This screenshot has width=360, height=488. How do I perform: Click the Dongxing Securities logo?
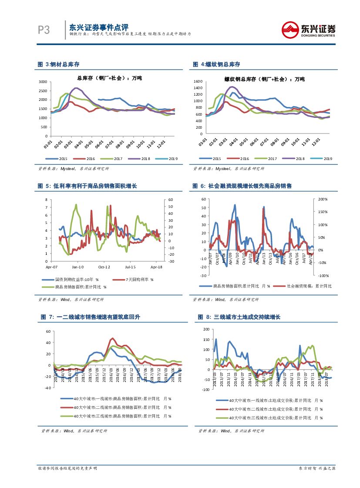308,30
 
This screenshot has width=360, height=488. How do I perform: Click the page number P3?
44,30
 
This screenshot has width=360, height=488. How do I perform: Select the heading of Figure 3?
59,64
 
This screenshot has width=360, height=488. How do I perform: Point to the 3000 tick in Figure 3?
43,82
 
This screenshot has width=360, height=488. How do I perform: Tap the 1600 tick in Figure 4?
198,81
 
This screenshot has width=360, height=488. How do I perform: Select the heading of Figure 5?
87,186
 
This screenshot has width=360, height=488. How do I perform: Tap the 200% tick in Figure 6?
322,199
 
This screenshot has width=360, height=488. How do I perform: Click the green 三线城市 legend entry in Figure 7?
122,416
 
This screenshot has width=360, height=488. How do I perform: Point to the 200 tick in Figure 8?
206,329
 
